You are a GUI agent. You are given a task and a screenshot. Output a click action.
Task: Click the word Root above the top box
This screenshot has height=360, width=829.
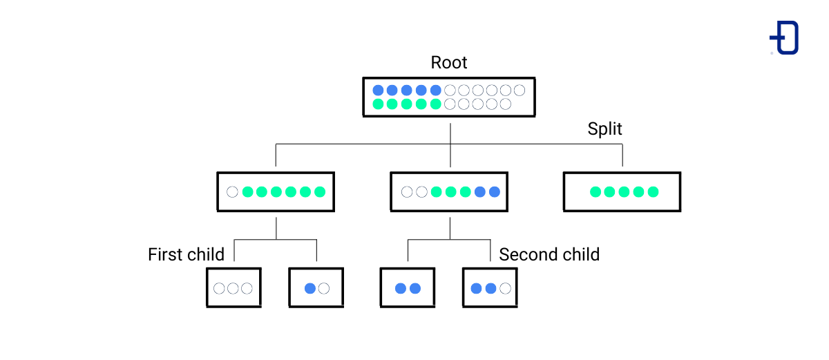click(x=449, y=63)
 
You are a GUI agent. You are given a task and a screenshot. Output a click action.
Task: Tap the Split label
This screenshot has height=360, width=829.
click(x=604, y=129)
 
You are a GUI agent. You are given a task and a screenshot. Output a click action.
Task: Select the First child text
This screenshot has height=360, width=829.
click(x=186, y=255)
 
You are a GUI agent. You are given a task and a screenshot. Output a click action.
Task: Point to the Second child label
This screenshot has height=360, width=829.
click(x=549, y=255)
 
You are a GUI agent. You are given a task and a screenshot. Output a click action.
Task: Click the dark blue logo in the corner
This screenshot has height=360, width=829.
click(x=785, y=37)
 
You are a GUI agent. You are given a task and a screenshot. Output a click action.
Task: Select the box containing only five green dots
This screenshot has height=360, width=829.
click(x=622, y=191)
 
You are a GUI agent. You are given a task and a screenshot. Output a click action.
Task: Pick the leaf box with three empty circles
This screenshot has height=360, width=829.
click(x=234, y=288)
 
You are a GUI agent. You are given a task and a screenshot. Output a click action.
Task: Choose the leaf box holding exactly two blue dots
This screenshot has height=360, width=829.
click(x=408, y=288)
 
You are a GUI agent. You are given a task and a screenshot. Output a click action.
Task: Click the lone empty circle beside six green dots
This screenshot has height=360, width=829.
click(x=232, y=192)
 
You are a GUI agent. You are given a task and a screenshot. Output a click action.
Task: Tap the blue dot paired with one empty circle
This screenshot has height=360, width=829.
click(x=310, y=288)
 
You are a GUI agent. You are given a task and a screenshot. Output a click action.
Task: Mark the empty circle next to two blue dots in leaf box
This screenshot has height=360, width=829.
click(x=505, y=288)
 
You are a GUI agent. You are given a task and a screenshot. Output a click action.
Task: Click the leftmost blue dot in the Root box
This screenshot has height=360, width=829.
click(x=378, y=90)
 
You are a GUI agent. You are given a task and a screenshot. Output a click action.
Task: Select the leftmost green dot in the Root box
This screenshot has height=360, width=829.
click(x=378, y=104)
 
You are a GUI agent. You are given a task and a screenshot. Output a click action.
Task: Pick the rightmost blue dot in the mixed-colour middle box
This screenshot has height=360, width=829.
click(x=495, y=192)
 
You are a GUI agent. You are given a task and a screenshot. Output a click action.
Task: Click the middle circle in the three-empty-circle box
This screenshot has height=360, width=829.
click(x=234, y=288)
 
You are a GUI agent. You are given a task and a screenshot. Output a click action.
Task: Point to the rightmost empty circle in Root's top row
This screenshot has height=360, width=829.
click(x=520, y=90)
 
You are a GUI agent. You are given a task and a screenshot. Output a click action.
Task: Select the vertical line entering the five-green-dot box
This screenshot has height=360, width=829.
click(x=622, y=156)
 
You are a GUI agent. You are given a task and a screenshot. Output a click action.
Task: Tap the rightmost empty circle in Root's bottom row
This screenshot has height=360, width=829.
click(x=505, y=104)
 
